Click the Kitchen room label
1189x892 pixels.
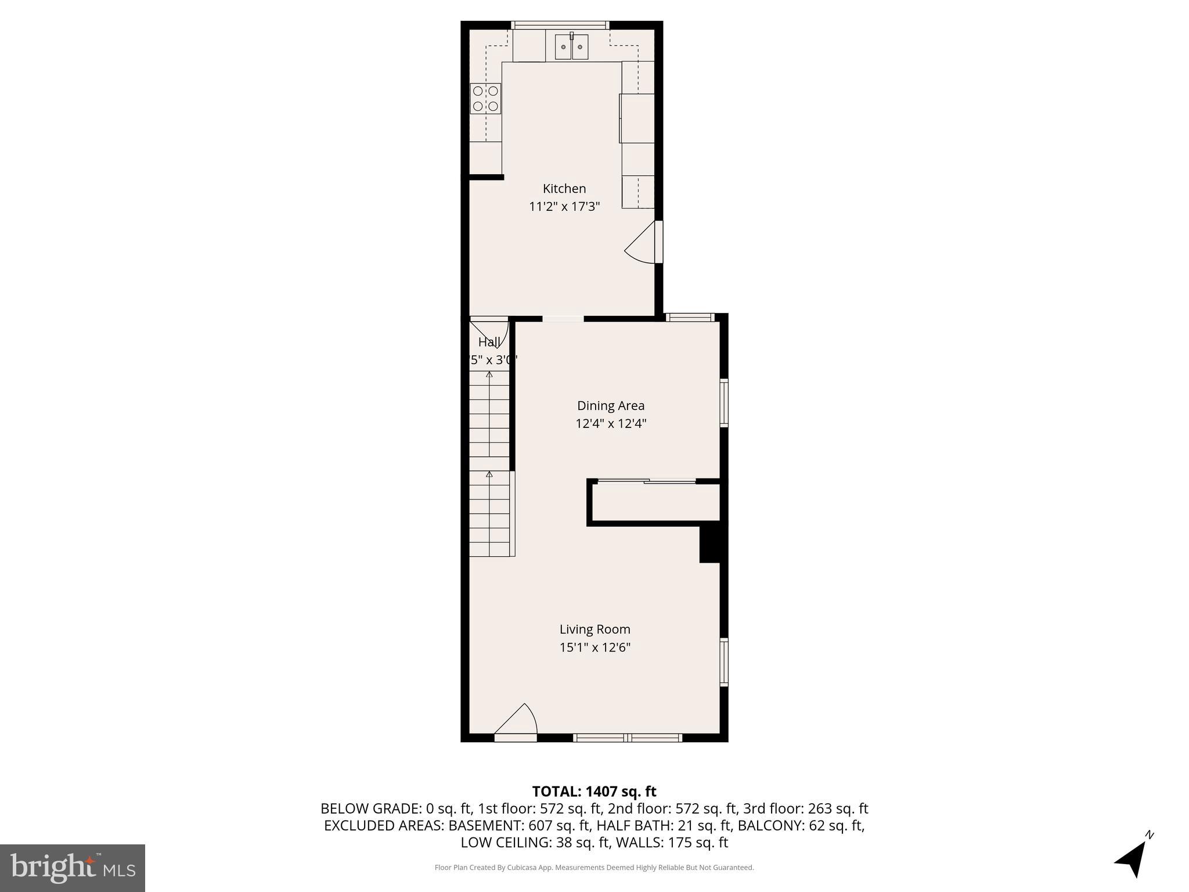(564, 189)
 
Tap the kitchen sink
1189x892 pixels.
(571, 47)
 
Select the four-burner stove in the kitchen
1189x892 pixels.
(485, 99)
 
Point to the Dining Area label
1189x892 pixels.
(610, 406)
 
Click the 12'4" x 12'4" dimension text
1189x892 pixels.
(610, 424)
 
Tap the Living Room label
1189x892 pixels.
(594, 630)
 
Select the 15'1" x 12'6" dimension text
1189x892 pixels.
(594, 648)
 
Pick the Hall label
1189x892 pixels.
(488, 342)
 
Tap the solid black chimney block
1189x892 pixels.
(711, 544)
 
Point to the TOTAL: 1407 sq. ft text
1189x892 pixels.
(594, 792)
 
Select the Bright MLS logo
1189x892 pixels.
(73, 868)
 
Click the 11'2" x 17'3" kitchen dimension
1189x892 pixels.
(564, 207)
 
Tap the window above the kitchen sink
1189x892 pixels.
(560, 25)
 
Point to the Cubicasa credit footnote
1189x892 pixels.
(594, 868)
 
